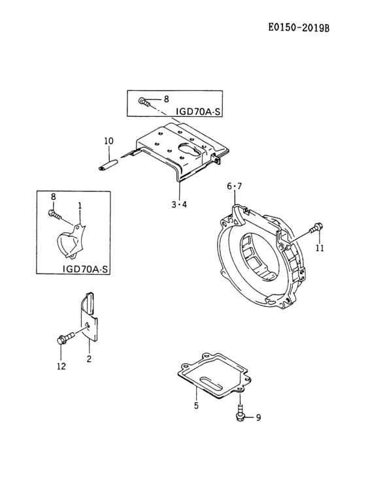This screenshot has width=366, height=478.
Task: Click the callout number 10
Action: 108,140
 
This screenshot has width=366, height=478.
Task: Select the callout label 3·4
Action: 179,204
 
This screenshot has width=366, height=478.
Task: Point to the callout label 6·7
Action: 234,187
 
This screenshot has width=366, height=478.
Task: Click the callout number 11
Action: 320,249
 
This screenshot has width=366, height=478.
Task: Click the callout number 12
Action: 60,366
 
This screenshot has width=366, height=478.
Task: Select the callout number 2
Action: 89,358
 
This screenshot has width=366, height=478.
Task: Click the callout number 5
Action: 195,405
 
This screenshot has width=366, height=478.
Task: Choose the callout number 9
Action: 258,418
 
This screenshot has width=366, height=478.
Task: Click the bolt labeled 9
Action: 240,413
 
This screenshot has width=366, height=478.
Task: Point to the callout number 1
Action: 79,205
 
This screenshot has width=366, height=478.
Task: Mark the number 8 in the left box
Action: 53,197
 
